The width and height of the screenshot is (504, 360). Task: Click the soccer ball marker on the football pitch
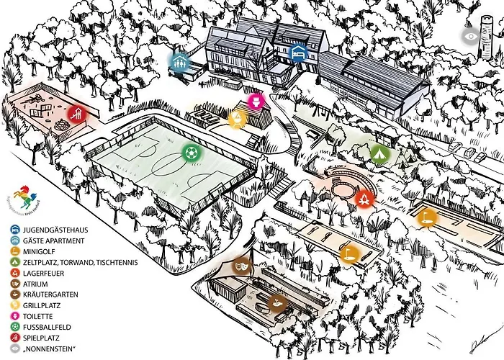(x=191, y=153)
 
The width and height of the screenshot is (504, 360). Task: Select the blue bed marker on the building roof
(x=297, y=53)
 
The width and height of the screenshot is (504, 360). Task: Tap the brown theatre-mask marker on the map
(x=242, y=265)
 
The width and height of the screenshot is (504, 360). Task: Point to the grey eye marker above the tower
(x=472, y=35)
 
